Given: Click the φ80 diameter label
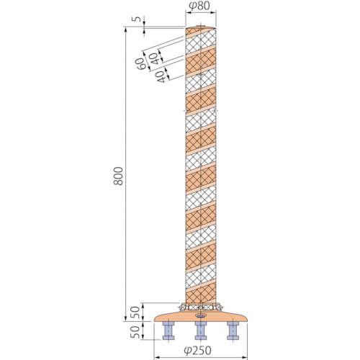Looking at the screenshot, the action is [199, 6].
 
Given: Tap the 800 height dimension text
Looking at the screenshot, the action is [118, 176].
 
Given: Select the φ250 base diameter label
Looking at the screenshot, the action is [198, 351].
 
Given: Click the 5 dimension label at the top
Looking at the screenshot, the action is [138, 19].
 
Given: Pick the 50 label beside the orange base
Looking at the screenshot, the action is [135, 312].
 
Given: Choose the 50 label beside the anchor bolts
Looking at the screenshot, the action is [135, 332].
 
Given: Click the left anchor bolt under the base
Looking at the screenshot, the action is [168, 330].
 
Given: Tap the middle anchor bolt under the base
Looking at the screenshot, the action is [201, 330].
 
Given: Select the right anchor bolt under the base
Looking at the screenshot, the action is [233, 330].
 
